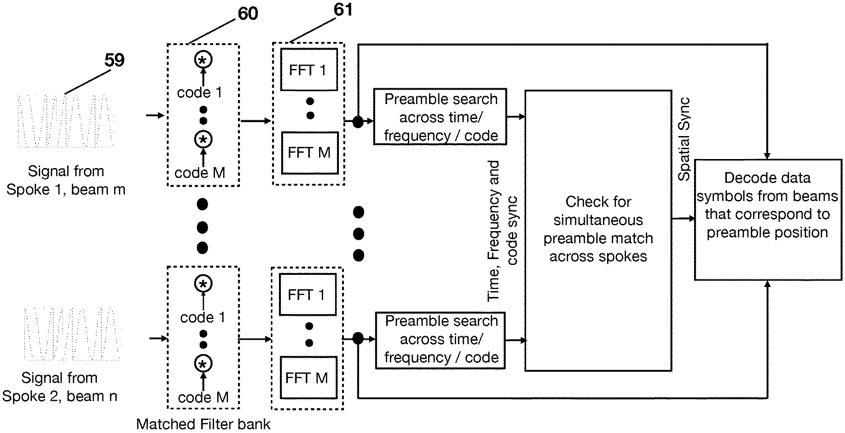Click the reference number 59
(x=114, y=60)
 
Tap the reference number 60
(x=248, y=14)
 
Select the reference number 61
(x=343, y=10)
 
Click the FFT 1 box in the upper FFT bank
(x=309, y=70)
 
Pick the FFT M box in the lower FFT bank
(x=308, y=378)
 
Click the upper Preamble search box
(x=440, y=117)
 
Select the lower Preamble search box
(x=440, y=340)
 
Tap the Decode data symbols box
(x=767, y=219)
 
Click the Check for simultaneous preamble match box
(x=598, y=230)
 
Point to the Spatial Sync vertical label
(x=684, y=139)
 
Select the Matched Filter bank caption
(x=203, y=424)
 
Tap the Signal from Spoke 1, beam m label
(x=66, y=180)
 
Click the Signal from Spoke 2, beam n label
(x=59, y=387)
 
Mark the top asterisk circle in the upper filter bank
(x=203, y=59)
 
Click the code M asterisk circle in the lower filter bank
(x=203, y=364)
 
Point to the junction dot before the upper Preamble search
(x=358, y=122)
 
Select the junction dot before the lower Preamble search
(x=358, y=338)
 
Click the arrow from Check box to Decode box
(x=683, y=219)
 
